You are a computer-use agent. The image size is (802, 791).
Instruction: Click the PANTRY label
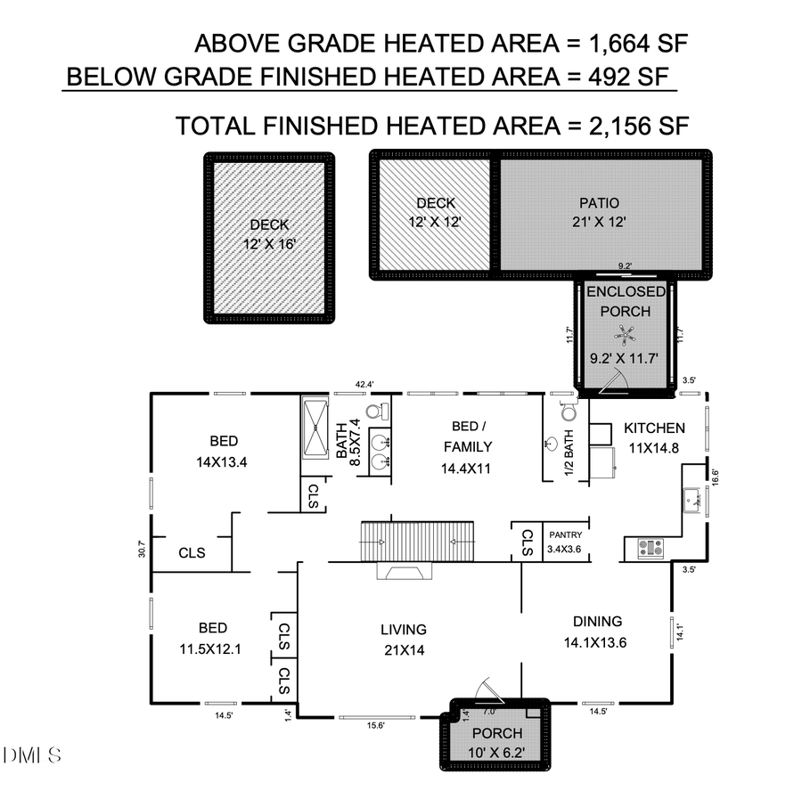tap(565, 534)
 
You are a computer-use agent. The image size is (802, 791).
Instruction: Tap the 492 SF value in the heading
tap(614, 76)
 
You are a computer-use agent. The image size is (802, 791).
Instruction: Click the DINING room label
tap(593, 622)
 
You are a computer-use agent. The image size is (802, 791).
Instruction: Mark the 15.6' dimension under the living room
tap(376, 725)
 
